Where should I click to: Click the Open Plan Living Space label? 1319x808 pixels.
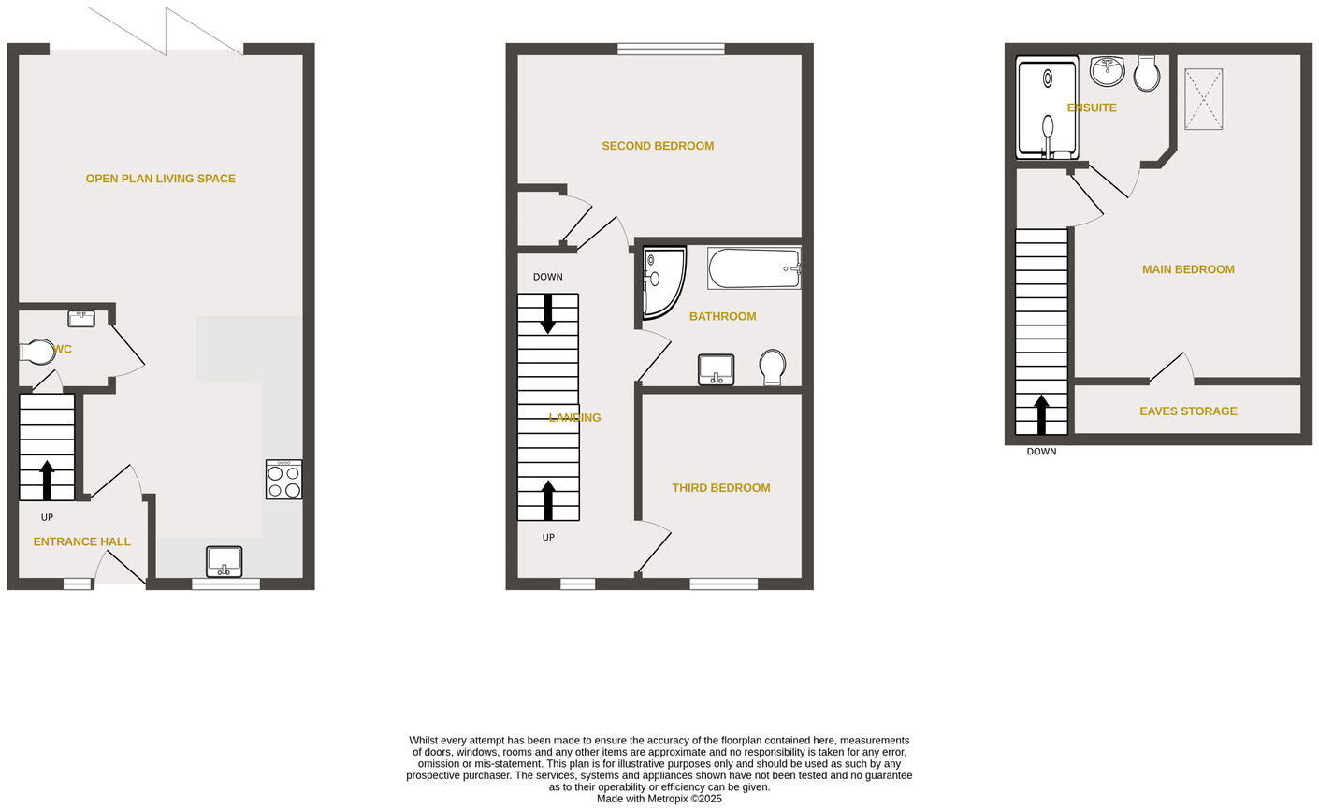point(160,179)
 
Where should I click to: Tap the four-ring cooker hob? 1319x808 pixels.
point(283,480)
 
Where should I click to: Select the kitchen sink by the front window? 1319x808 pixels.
point(224,561)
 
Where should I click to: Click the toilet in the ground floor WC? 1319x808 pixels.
point(37,352)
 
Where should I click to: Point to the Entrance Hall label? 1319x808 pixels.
point(81,541)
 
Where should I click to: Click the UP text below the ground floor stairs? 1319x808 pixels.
point(47,517)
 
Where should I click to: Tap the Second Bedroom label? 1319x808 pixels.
point(657,146)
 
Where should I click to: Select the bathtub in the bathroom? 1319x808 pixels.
point(754,268)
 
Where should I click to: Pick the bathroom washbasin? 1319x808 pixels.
point(716,369)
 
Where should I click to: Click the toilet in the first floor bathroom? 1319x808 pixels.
point(772,367)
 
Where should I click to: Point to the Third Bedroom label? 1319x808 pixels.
point(720,488)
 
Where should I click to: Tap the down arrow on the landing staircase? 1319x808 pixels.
point(547,314)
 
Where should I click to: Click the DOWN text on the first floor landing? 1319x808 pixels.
point(547,277)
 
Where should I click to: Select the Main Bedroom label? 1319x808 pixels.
point(1187,269)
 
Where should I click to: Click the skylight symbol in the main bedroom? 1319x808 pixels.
point(1203,100)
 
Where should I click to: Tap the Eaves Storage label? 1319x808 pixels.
point(1187,411)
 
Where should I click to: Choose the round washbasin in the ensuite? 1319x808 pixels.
point(1108,71)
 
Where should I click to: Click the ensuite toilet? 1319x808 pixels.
point(1147,73)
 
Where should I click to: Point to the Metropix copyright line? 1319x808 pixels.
point(659,799)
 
